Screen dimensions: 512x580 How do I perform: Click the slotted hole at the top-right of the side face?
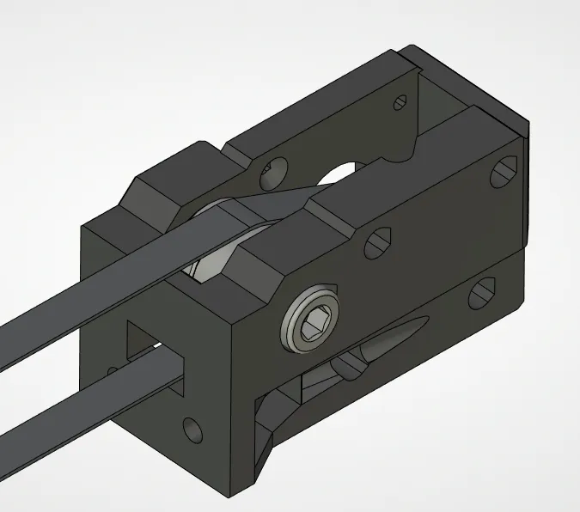click(x=504, y=172)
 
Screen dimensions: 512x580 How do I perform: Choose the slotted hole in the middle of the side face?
click(x=379, y=241)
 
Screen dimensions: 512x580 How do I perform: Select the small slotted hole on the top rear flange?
click(x=400, y=103)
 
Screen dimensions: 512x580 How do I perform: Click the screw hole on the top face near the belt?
click(x=274, y=168)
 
